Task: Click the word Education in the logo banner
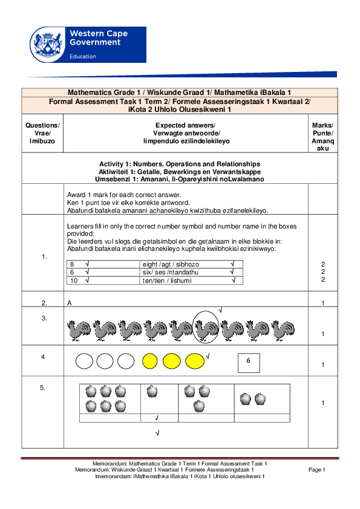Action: [83, 56]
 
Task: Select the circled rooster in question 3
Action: [206, 329]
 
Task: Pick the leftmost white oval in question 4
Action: [84, 361]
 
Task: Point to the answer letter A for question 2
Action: [70, 302]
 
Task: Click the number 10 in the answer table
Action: [74, 280]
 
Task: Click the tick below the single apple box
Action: [157, 418]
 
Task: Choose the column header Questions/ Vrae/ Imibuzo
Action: [42, 132]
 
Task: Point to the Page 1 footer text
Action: [317, 470]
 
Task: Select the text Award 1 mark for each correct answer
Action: [124, 195]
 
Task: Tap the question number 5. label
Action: [43, 388]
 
